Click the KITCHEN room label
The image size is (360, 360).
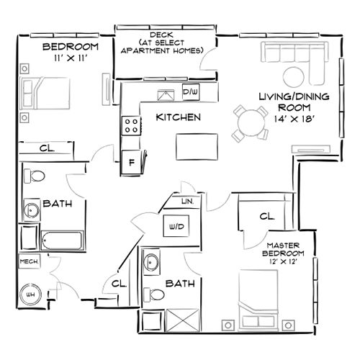click(x=177, y=117)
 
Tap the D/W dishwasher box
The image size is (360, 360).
click(x=190, y=92)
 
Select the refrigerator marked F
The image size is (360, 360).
click(x=131, y=161)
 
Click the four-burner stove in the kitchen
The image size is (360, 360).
click(x=131, y=127)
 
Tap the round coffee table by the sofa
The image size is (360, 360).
click(x=294, y=76)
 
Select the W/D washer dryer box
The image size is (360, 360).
click(x=176, y=226)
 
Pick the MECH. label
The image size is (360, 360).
click(x=29, y=261)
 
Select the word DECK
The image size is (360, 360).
click(x=159, y=34)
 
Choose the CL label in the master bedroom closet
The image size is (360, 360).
click(x=266, y=215)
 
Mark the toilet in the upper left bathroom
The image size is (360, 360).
click(x=38, y=177)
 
